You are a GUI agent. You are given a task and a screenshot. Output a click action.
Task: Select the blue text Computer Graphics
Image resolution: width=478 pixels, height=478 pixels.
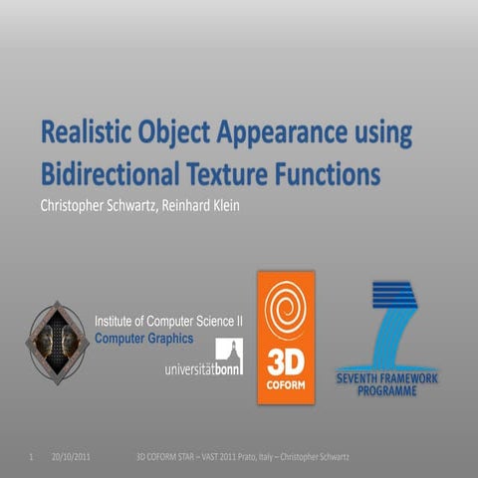click(143, 338)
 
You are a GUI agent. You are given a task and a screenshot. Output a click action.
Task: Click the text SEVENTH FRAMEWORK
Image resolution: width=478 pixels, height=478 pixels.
click(395, 379)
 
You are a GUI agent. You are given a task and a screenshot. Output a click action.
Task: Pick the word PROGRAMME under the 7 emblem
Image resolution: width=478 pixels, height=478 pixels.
click(395, 391)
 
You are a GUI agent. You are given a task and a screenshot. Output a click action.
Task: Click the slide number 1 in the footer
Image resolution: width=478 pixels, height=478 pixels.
click(33, 457)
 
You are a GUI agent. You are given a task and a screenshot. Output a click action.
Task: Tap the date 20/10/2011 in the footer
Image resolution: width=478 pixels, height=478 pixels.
click(72, 457)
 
